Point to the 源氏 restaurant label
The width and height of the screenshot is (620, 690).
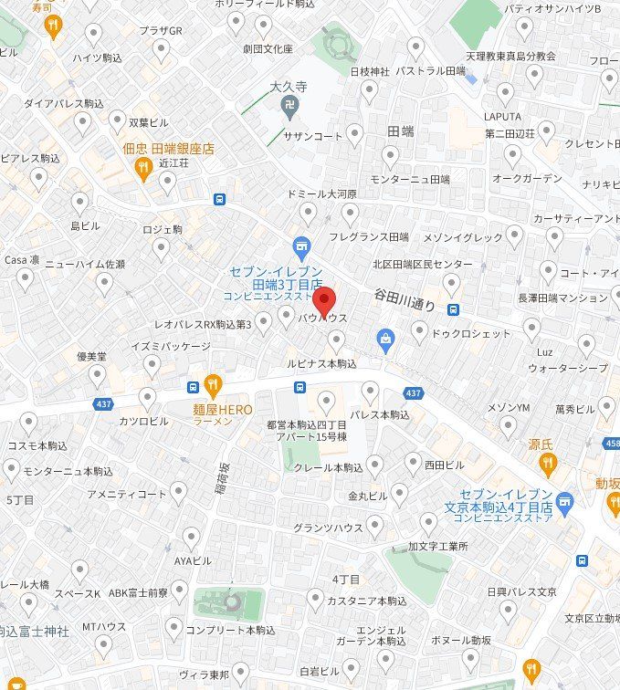tap(541, 444)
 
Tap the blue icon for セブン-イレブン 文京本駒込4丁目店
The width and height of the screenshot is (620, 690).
tap(565, 500)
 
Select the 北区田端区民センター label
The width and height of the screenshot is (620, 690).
tap(422, 264)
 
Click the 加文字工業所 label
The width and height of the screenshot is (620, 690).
tap(437, 547)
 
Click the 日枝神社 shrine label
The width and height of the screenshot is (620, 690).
tap(370, 71)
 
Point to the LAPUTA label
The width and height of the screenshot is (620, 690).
tap(502, 117)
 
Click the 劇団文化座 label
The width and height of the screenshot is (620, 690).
tap(268, 47)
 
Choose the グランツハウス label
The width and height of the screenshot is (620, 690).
tap(328, 528)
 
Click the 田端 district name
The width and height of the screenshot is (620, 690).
tap(400, 131)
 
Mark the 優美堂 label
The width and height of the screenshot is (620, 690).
tap(92, 356)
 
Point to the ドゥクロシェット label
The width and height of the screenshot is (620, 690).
tap(471, 333)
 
